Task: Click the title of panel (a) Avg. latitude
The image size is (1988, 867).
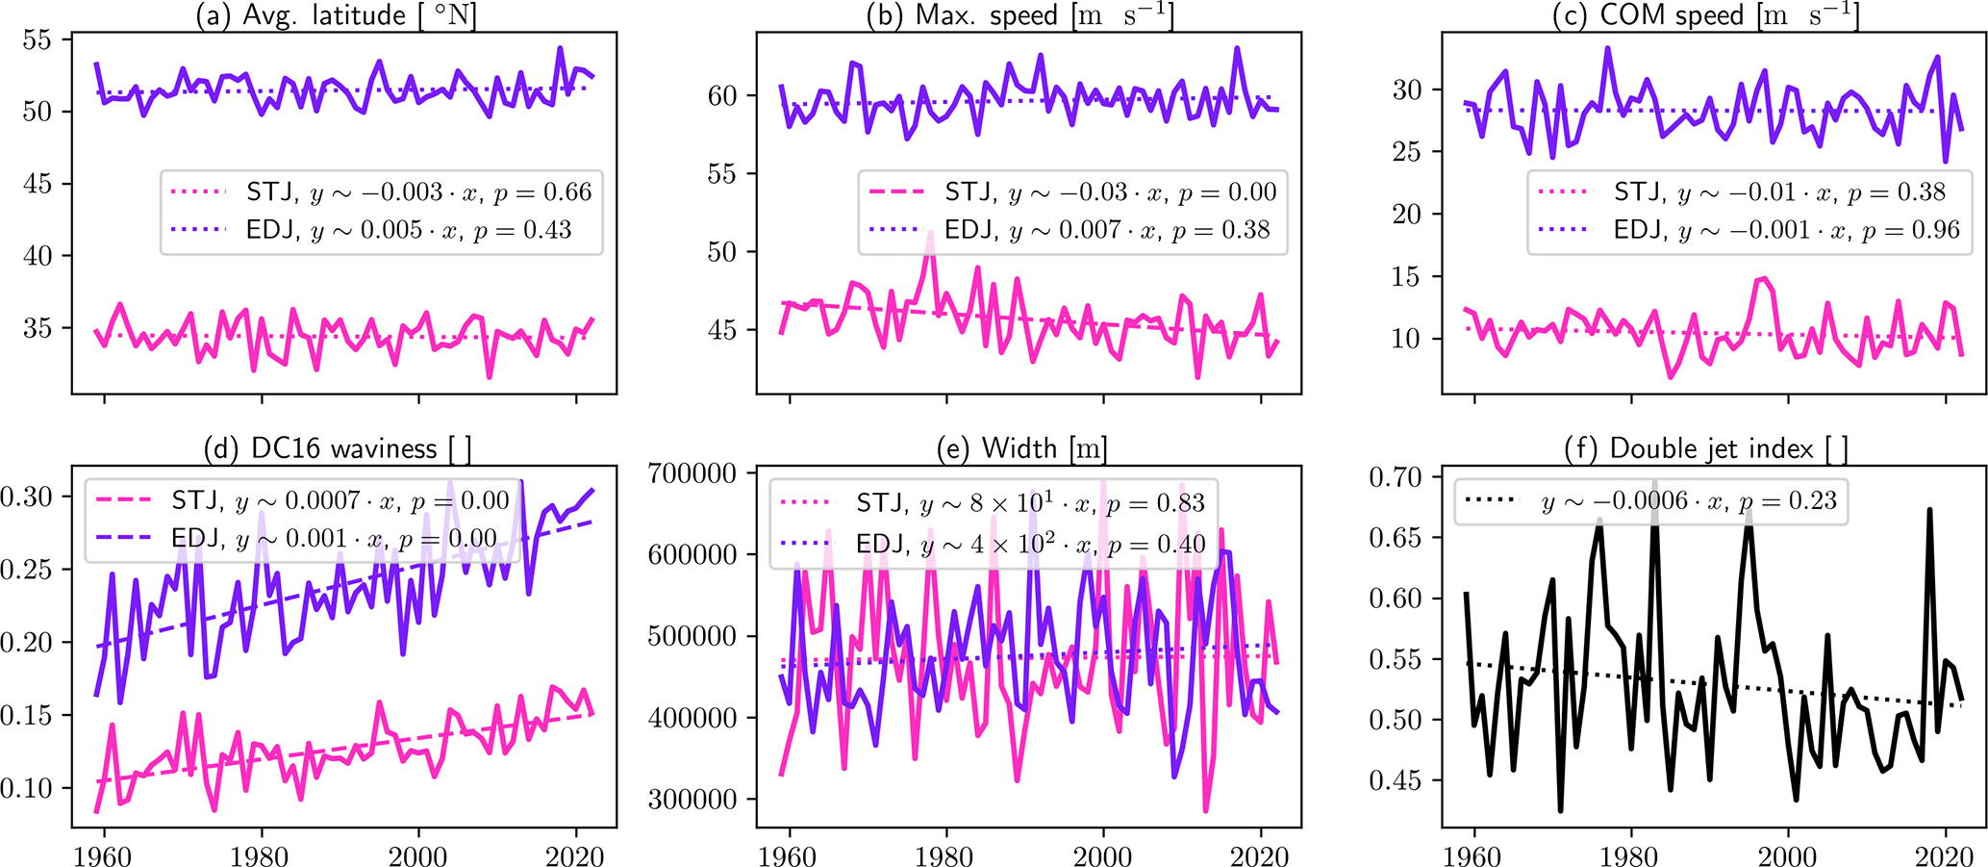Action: coord(336,14)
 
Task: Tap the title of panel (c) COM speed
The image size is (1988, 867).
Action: coord(1705,14)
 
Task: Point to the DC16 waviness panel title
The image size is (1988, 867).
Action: coord(338,448)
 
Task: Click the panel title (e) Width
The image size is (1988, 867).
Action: coord(1021,448)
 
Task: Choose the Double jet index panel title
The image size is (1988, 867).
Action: coord(1706,448)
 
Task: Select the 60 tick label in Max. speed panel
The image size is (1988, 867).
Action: coord(721,96)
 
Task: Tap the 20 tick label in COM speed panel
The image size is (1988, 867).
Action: coord(1406,215)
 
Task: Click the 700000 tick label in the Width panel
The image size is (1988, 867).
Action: coord(692,473)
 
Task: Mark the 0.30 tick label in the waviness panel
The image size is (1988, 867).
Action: coord(26,497)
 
